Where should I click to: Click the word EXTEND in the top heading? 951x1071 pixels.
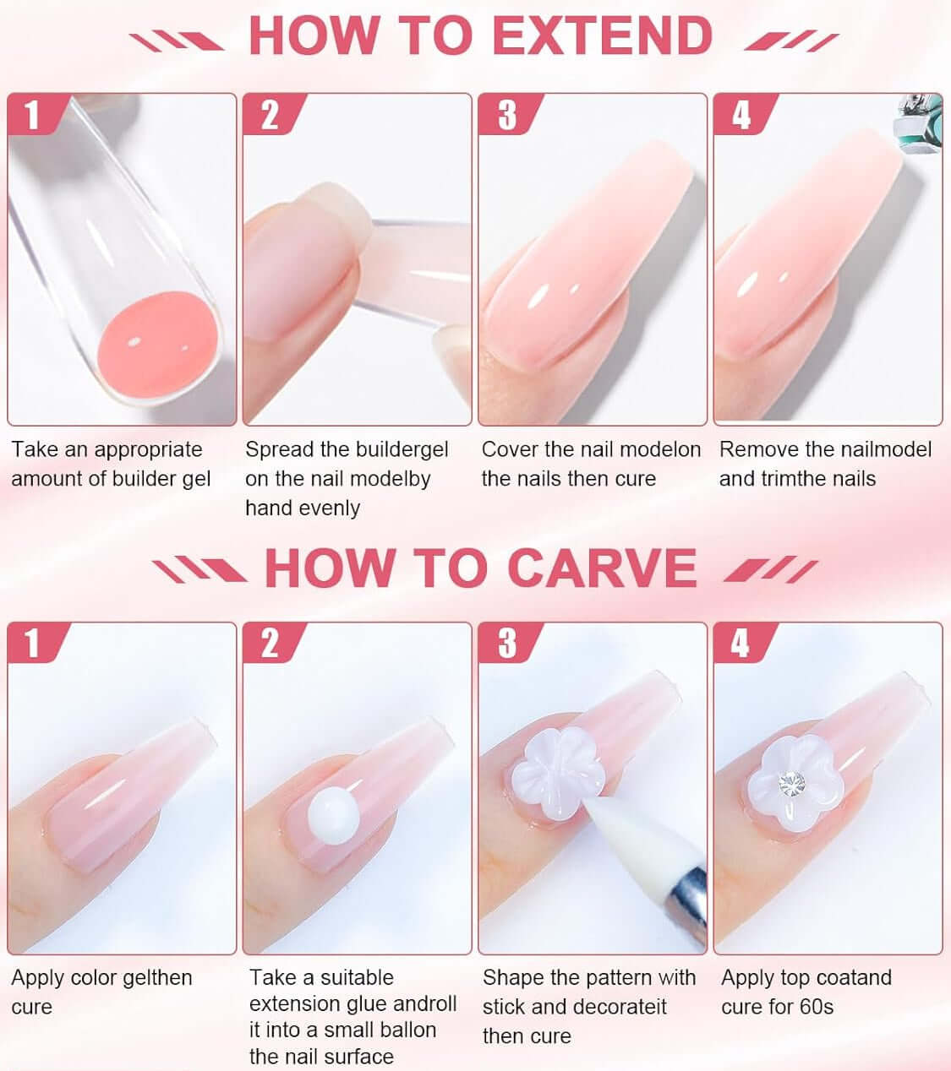602,35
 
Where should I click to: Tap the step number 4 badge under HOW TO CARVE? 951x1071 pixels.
741,644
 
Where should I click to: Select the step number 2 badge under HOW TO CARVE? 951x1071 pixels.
270,644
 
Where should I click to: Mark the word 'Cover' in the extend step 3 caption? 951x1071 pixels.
512,449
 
